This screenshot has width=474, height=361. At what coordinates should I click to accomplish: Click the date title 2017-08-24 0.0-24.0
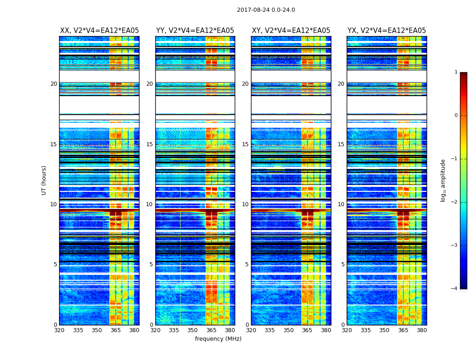click(x=266, y=10)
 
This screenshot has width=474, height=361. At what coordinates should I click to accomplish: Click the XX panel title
click(x=99, y=31)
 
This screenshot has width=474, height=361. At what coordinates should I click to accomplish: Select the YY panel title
click(x=195, y=31)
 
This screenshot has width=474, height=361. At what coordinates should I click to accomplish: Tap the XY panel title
click(x=291, y=31)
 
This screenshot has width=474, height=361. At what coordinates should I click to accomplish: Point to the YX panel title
click(x=386, y=31)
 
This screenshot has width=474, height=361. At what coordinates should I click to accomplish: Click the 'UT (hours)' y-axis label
click(x=44, y=180)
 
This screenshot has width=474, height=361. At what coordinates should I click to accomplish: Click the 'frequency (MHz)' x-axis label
click(x=218, y=339)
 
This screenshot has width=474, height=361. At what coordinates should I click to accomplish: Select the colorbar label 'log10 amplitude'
click(x=443, y=180)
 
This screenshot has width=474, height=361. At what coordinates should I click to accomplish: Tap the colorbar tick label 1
click(x=455, y=72)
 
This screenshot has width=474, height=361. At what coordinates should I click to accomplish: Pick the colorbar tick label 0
click(x=455, y=116)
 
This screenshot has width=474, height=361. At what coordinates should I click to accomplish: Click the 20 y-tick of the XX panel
click(x=54, y=84)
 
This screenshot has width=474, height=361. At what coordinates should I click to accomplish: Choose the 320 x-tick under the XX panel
click(x=59, y=330)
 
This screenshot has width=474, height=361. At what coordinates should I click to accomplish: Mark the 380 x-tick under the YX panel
click(x=422, y=330)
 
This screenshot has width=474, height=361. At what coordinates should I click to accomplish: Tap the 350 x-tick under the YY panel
click(x=193, y=330)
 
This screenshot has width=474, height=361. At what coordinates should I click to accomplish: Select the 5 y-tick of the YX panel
click(x=343, y=264)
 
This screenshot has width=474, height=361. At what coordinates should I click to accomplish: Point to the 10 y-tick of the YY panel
click(x=149, y=204)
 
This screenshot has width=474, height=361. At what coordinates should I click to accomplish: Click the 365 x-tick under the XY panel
click(x=307, y=330)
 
